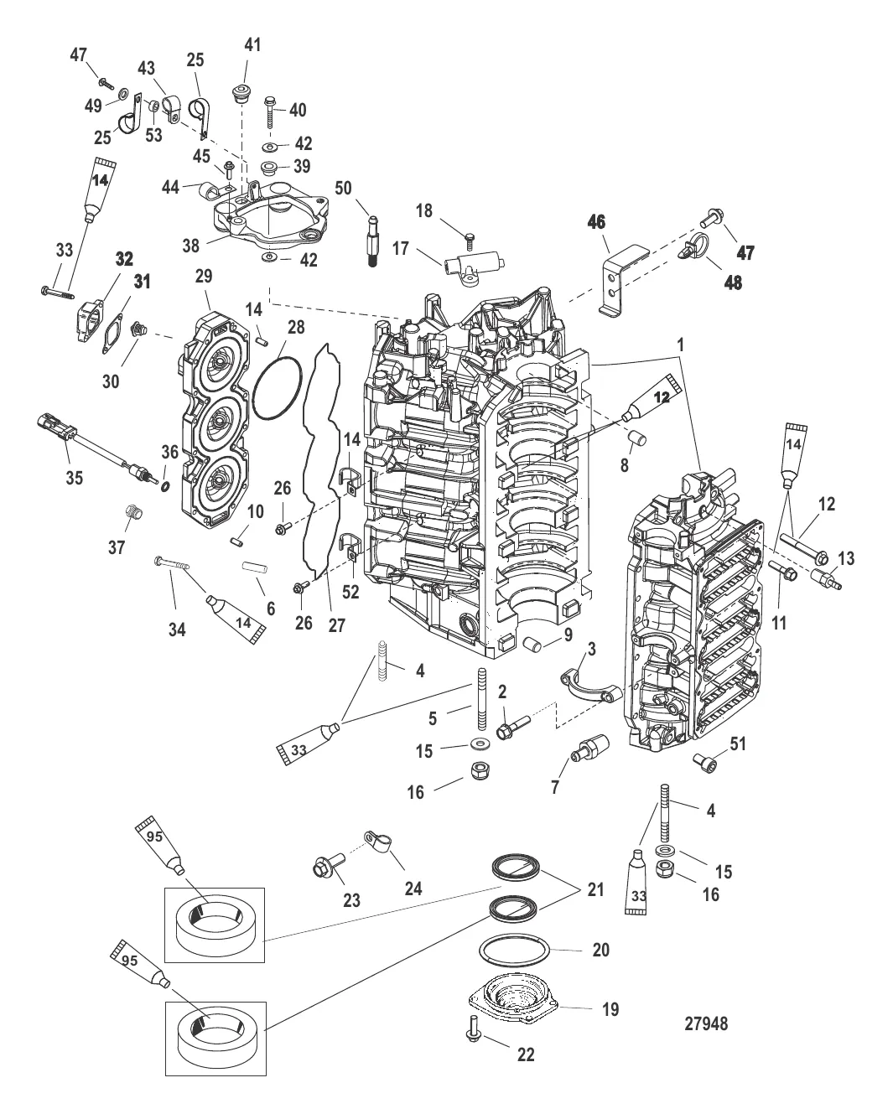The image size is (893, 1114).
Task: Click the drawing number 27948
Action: (x=706, y=1023)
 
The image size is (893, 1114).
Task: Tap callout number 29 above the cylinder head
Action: (x=204, y=276)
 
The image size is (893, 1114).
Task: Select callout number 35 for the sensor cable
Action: (x=74, y=477)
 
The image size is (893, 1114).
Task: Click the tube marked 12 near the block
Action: (x=652, y=400)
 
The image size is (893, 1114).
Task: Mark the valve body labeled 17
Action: (x=474, y=263)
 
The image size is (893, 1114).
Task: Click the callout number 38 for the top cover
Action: (x=190, y=245)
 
